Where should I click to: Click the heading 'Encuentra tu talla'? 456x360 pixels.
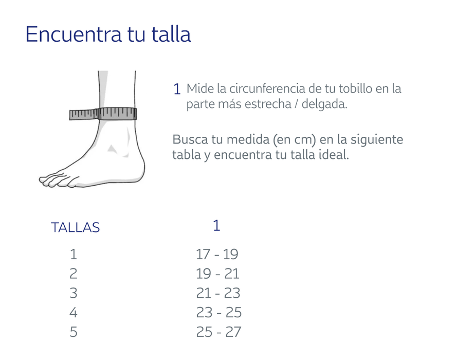pos(108,34)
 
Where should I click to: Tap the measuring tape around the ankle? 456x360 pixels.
pos(103,113)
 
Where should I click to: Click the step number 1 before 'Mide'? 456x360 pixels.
pos(177,89)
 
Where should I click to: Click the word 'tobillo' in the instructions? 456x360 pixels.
pos(354,88)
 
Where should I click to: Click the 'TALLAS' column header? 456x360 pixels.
pos(75,228)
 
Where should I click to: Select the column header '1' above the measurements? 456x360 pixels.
pos(216,226)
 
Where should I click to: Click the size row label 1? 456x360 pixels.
pos(74,254)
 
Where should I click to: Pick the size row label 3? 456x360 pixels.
pos(74,293)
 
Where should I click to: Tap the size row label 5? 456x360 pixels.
pos(74,332)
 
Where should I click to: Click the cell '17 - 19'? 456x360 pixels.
pos(217,254)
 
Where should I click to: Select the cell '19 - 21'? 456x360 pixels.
pos(217,274)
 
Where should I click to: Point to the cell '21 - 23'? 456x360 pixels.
pos(218,293)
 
